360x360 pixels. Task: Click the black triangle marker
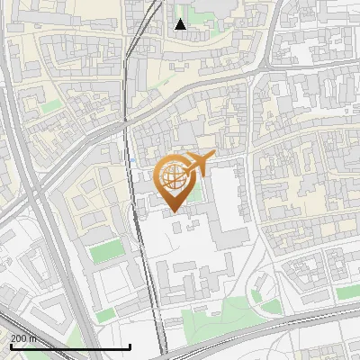[x=180, y=24]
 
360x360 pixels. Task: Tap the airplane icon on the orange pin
[x=198, y=164]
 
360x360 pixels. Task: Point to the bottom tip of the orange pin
[x=174, y=212]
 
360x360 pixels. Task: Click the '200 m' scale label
[x=23, y=338]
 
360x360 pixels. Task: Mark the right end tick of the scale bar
[x=130, y=346]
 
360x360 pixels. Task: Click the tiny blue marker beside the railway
[x=131, y=160]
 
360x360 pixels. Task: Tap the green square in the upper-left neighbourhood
[x=52, y=105]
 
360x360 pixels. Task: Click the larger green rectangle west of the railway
[x=106, y=251]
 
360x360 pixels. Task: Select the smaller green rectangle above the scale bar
[x=107, y=314]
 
